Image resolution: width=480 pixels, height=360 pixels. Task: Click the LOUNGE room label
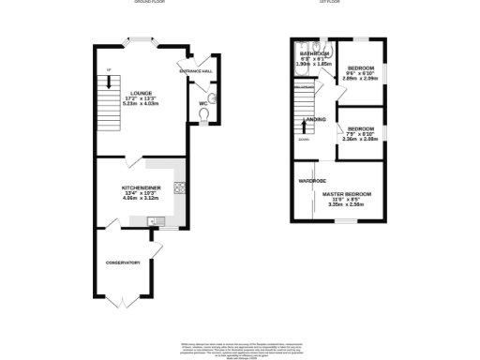(x=142, y=92)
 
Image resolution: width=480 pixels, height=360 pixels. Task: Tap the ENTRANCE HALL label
(x=195, y=71)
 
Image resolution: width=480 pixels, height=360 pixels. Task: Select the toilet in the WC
(x=205, y=113)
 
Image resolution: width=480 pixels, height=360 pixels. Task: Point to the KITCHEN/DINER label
(x=141, y=188)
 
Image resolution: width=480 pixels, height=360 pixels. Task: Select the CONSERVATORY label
(x=122, y=262)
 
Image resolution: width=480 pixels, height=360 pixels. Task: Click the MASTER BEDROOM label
(x=347, y=194)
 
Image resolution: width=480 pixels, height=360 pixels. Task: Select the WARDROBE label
(x=311, y=179)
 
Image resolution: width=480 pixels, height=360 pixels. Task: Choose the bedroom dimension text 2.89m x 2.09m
(x=360, y=80)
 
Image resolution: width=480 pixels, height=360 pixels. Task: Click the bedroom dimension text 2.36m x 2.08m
(x=360, y=140)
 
